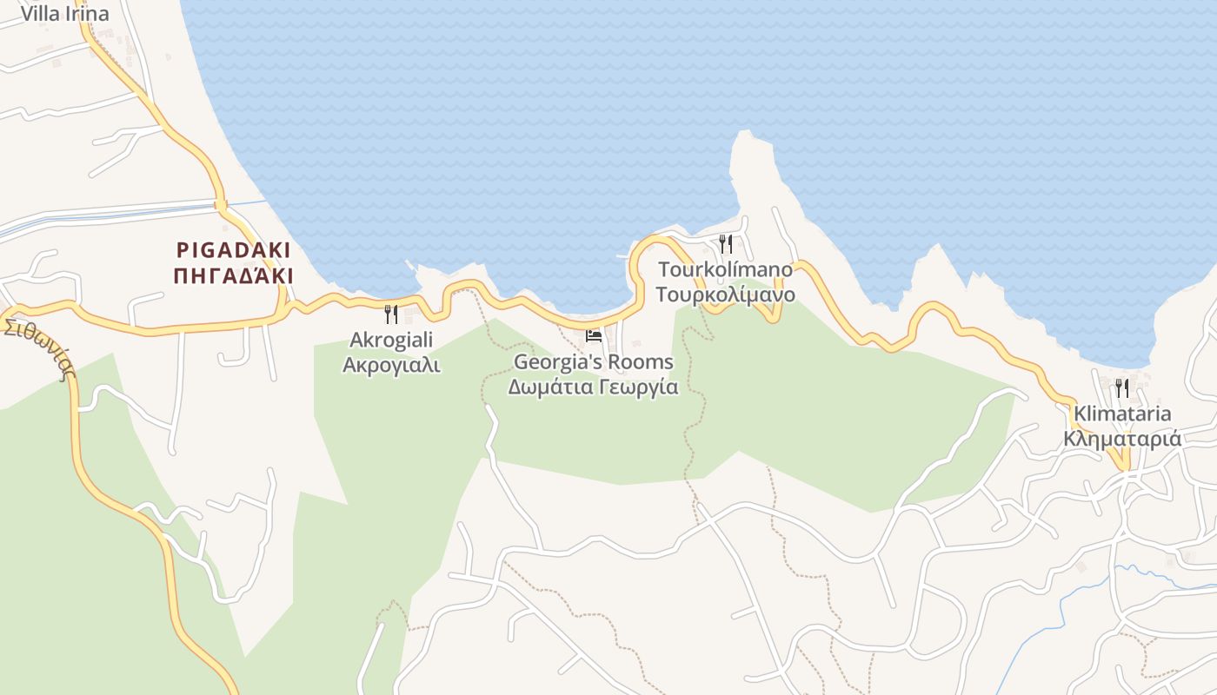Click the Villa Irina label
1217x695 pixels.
tap(65, 14)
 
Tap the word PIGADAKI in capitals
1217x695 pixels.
tap(234, 250)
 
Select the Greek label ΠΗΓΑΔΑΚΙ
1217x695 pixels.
tap(234, 276)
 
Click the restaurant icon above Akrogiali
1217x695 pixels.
tap(391, 314)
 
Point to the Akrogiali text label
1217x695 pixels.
tap(391, 340)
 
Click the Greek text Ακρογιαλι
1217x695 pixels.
tap(391, 365)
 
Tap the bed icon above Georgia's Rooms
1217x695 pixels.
tap(594, 335)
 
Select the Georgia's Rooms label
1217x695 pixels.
tap(594, 361)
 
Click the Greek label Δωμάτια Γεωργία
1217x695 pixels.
tap(594, 387)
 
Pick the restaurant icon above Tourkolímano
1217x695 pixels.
tap(726, 244)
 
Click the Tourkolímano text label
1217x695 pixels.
tap(726, 269)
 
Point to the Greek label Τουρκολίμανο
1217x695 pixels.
tap(726, 295)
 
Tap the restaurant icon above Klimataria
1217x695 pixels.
tap(1122, 387)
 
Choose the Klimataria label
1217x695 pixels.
tap(1122, 414)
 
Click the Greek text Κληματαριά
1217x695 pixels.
tap(1122, 439)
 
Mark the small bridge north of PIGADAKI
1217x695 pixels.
tap(221, 206)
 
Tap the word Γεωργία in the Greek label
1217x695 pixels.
tap(638, 387)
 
